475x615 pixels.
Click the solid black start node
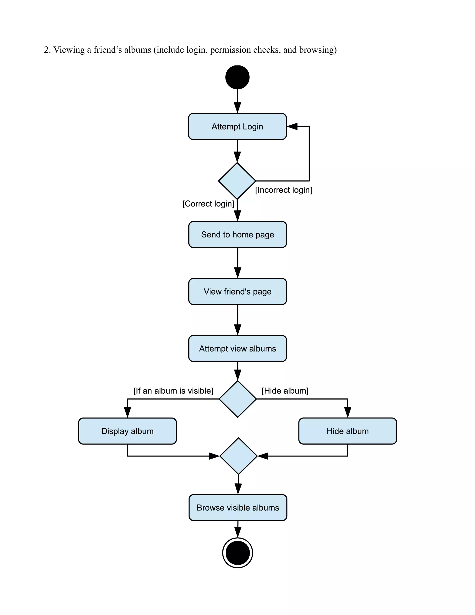point(237,77)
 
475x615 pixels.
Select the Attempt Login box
point(237,126)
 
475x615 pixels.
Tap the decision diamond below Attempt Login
point(237,181)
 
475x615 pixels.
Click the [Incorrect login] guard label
point(283,190)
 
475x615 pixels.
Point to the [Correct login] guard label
point(208,204)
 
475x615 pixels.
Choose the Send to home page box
point(237,235)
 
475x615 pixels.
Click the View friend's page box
point(237,291)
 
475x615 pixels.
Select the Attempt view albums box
point(237,349)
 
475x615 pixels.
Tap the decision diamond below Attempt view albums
point(237,399)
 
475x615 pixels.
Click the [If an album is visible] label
point(173,391)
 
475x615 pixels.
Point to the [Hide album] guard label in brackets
point(285,391)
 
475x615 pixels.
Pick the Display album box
point(128,431)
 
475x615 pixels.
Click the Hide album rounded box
point(347,431)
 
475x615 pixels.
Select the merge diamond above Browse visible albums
point(238,456)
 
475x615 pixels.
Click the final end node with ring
point(237,553)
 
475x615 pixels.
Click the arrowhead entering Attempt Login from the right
point(292,126)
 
